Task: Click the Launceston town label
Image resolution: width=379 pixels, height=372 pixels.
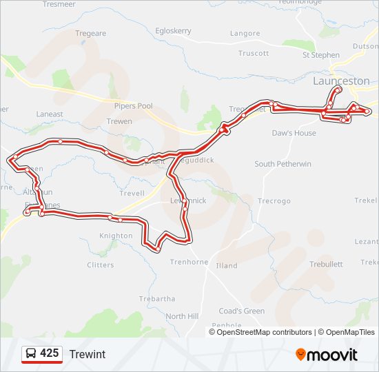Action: (x=341, y=81)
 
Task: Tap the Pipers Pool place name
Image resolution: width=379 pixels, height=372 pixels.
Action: (x=134, y=106)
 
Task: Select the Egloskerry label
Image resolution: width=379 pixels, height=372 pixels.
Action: (x=173, y=31)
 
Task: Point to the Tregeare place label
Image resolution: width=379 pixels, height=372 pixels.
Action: (x=91, y=33)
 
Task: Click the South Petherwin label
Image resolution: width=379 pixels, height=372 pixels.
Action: (x=283, y=164)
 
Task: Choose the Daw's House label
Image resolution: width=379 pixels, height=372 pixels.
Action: (x=294, y=133)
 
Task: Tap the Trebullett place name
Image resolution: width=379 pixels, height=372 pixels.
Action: (x=326, y=264)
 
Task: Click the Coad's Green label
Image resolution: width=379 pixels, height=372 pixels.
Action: (x=242, y=311)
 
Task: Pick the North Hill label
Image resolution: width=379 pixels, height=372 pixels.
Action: (x=182, y=316)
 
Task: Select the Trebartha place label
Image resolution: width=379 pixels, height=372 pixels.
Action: (x=157, y=299)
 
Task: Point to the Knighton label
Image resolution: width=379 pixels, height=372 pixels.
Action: (x=116, y=236)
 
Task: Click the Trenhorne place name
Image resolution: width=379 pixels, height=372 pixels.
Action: (x=189, y=262)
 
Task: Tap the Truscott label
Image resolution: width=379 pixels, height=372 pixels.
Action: (x=254, y=53)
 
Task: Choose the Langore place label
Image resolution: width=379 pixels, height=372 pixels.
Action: (x=245, y=33)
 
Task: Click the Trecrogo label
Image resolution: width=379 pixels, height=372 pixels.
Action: (x=274, y=201)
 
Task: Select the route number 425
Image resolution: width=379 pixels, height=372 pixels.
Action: (x=49, y=353)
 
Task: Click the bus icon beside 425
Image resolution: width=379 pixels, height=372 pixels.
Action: (x=31, y=354)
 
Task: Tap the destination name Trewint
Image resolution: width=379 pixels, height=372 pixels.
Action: (x=88, y=354)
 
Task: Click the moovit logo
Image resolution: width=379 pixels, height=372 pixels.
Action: (x=327, y=355)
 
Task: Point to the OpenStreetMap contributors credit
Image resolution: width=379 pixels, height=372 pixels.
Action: (x=264, y=332)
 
